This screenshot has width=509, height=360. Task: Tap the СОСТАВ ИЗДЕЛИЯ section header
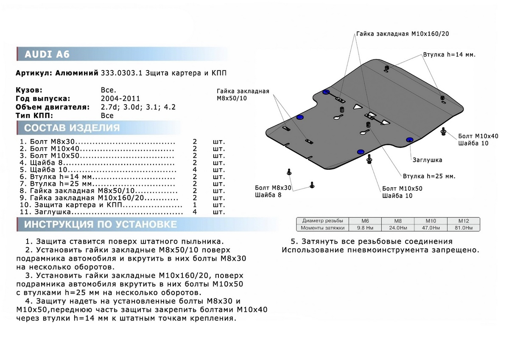pos(72,128)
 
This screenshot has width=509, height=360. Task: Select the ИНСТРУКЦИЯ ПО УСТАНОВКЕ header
pos(101,224)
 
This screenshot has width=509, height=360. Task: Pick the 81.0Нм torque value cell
pos(464,228)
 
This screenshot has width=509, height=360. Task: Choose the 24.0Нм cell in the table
pos(398,228)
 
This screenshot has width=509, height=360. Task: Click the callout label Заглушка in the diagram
pos(427,160)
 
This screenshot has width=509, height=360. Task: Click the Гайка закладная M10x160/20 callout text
pos(402,34)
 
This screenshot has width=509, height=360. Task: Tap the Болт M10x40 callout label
pos(478,136)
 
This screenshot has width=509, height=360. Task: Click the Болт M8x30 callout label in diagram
pos(273,187)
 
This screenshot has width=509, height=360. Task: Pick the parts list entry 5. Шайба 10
pos(42,170)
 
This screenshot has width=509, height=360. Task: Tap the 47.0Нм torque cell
pos(431,228)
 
